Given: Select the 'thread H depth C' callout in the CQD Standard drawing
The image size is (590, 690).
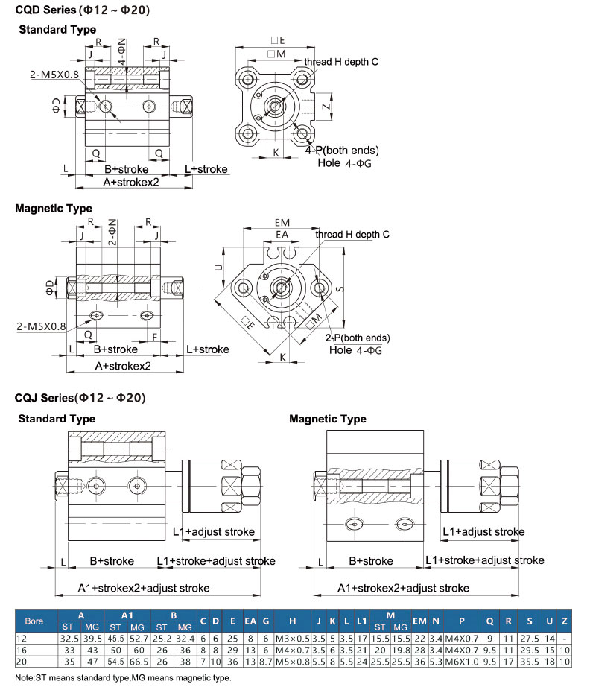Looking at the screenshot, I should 340,61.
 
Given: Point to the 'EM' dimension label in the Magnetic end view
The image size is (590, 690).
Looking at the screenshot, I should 282,222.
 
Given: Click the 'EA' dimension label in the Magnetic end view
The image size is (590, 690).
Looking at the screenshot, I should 282,235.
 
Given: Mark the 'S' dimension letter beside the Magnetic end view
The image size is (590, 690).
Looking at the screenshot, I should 340,287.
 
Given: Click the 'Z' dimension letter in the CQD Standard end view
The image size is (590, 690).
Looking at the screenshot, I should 326,107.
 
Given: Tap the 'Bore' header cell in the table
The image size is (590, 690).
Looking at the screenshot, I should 34,621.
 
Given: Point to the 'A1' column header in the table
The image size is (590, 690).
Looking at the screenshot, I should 127,615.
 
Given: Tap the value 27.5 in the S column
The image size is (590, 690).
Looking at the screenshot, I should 529,639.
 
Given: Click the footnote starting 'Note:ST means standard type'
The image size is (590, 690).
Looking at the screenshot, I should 123,678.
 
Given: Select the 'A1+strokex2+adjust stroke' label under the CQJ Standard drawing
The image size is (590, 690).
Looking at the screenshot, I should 144,588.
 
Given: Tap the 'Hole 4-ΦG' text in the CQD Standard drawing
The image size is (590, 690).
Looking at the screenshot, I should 345,162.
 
